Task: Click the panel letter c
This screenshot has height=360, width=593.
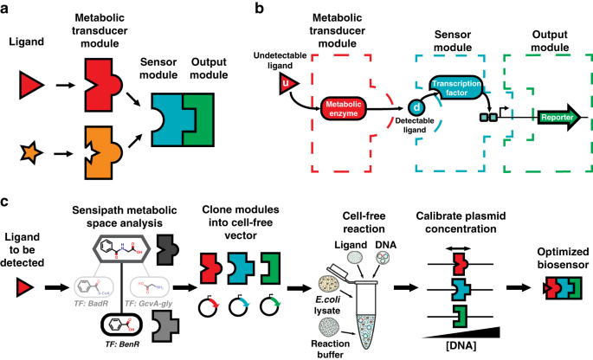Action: pos(7,202)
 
